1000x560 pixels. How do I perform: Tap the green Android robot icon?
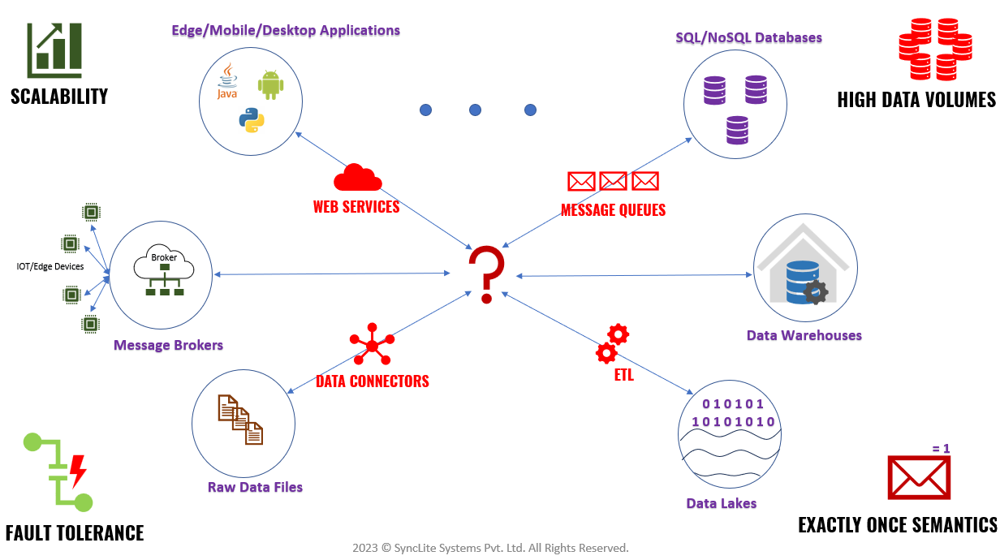[270, 84]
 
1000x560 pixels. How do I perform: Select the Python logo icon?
[252, 119]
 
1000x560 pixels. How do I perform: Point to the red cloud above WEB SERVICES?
[357, 179]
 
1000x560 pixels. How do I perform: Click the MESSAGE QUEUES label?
[613, 210]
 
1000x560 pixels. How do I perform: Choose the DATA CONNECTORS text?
[372, 381]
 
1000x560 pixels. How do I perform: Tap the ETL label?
[623, 376]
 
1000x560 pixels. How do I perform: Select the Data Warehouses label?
[804, 335]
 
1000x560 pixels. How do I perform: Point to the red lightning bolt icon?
[78, 470]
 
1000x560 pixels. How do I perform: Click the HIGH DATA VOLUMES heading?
[916, 100]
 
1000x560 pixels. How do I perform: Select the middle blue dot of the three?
[476, 110]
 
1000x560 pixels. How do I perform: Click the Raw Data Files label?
[255, 487]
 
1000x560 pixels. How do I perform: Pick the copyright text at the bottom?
[490, 548]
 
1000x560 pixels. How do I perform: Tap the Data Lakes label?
[721, 503]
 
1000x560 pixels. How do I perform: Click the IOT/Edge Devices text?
[50, 266]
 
